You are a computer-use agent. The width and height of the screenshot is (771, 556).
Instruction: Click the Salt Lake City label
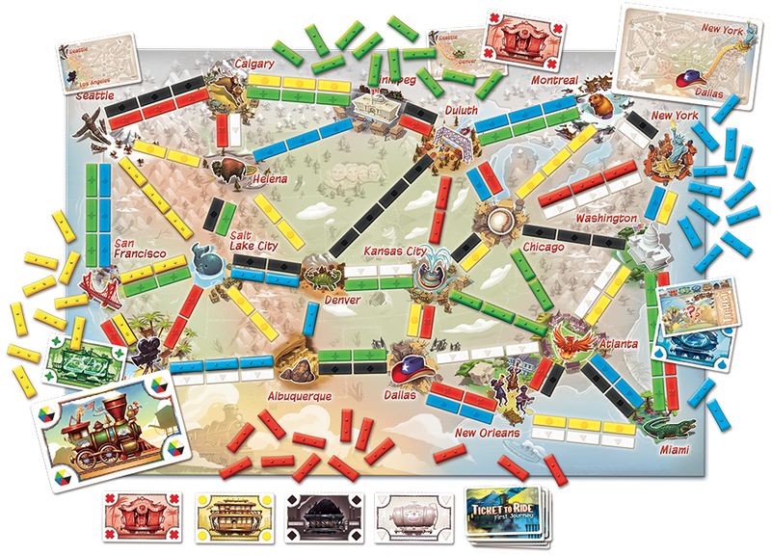(253, 241)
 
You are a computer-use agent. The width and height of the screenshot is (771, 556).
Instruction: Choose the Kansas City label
(394, 252)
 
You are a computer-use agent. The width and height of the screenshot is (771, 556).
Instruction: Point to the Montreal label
(553, 80)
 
